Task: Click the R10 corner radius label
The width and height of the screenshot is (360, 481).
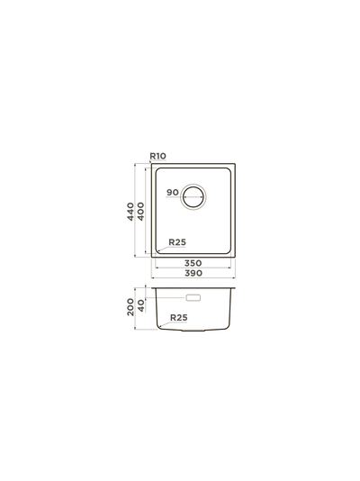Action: [x=157, y=156]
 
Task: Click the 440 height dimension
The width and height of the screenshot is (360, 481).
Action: [x=130, y=212]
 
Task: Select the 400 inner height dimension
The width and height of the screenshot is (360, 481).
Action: [x=140, y=212]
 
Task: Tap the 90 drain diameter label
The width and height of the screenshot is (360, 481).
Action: [x=173, y=193]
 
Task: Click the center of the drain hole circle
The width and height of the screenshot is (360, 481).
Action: [x=193, y=196]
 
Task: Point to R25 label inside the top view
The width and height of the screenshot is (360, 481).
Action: [x=177, y=242]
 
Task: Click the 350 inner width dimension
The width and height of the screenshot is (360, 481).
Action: [x=193, y=263]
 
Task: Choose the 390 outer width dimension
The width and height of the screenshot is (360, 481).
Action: [x=193, y=273]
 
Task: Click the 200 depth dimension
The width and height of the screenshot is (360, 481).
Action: [x=130, y=307]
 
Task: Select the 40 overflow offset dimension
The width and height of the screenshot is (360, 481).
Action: [x=140, y=306]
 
